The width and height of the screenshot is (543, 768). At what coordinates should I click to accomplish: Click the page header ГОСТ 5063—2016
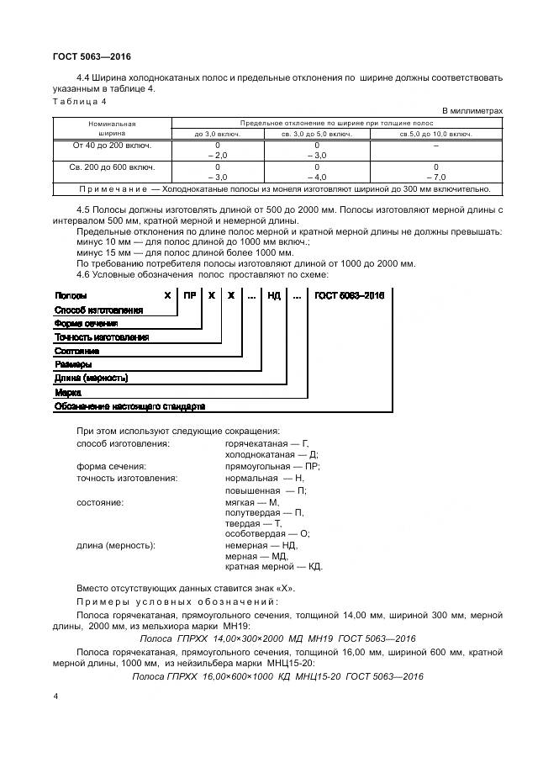pos(85,56)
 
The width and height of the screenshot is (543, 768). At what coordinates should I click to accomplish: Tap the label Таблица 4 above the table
pos(80,102)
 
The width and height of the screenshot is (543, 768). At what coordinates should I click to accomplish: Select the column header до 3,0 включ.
pos(217,133)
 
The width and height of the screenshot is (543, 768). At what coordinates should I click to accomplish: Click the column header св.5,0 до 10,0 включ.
pos(435,133)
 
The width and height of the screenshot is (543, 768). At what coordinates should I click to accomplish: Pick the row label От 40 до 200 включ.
pos(112,145)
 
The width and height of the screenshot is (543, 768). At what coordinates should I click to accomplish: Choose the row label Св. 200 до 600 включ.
pos(112,167)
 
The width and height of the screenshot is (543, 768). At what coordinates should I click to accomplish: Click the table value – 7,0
pos(435,177)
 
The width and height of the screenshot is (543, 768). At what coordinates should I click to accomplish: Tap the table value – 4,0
pos(316,177)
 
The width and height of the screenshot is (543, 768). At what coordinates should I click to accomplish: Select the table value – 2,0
pos(217,156)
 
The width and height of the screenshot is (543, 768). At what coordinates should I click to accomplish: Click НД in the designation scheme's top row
pos(273,295)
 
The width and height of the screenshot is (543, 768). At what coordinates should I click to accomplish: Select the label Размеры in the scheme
pos(73,364)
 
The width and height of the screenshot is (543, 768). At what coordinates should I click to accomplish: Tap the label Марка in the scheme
pos(68,392)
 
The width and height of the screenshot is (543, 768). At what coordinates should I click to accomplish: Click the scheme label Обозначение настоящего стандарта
pos(129,406)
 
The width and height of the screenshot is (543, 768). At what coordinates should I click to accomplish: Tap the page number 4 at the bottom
pos(55,696)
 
